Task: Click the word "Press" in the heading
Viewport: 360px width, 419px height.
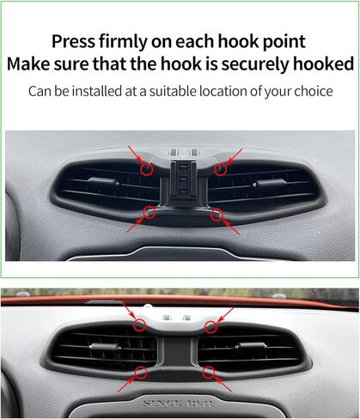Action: pos(73,41)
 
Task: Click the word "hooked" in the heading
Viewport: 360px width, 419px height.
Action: pos(324,64)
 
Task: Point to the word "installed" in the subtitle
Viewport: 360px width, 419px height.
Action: pos(97,91)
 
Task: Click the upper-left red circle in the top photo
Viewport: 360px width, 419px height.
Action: pos(147,169)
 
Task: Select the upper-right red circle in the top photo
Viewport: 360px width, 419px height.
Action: pos(220,169)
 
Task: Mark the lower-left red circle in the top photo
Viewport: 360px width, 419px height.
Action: pos(149,213)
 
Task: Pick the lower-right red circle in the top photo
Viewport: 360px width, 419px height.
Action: pos(217,215)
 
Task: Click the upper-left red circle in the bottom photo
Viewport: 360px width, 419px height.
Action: pos(139,325)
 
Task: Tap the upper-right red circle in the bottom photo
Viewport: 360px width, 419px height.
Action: pos(211,327)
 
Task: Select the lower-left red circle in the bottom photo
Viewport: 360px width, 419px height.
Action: pos(141,373)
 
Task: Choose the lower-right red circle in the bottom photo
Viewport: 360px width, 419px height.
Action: pos(208,373)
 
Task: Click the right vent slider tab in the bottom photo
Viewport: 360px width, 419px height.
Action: pos(251,346)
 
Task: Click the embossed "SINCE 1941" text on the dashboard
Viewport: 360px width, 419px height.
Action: pos(178,404)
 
